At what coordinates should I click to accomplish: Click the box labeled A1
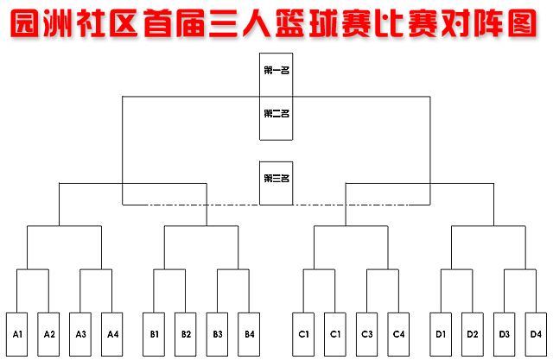[x=18, y=334]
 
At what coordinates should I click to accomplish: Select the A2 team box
[x=49, y=334]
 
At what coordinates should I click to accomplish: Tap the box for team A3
[x=81, y=334]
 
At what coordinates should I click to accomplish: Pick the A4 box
[x=112, y=334]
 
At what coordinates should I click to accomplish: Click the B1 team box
[x=155, y=334]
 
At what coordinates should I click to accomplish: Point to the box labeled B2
[x=186, y=334]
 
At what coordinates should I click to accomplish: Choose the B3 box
[x=218, y=334]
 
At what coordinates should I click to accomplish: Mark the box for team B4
[x=249, y=334]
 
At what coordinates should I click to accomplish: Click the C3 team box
[x=367, y=334]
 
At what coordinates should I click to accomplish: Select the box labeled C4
[x=398, y=334]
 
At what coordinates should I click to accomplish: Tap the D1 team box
[x=441, y=334]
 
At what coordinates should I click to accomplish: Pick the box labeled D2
[x=472, y=334]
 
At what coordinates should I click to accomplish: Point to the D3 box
[x=504, y=334]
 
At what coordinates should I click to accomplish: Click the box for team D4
[x=536, y=334]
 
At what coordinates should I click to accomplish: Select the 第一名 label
[x=276, y=70]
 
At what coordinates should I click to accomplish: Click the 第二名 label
[x=276, y=113]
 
